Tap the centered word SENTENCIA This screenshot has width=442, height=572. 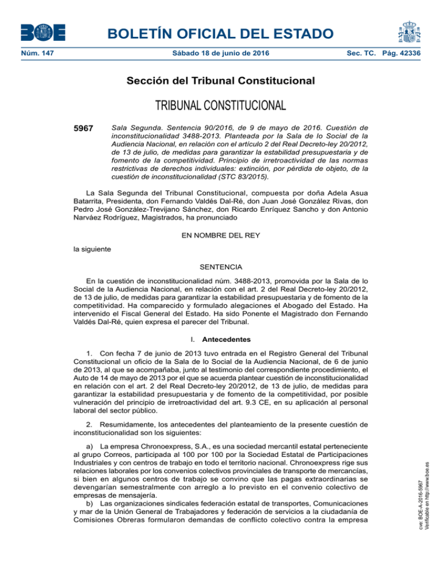[x=221, y=268]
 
